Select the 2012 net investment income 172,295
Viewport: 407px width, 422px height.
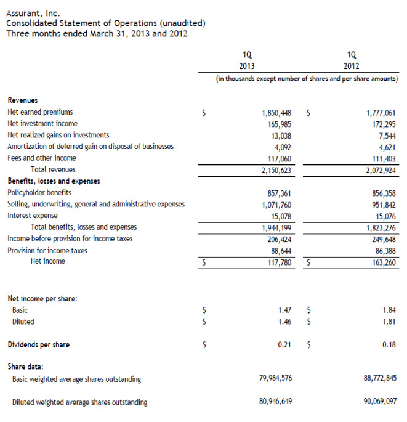[x=381, y=124]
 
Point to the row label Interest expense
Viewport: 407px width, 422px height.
[x=33, y=216]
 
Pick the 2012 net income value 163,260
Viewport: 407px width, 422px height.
[x=381, y=262]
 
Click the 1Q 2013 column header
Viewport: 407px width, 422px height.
[x=247, y=60]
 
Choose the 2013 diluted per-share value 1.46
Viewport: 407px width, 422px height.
[x=285, y=322]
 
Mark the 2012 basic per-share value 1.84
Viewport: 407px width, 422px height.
[x=389, y=310]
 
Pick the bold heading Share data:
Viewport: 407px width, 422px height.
[x=25, y=367]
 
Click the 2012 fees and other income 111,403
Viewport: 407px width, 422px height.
[x=381, y=158]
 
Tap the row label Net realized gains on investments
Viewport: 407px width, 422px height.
[x=58, y=135]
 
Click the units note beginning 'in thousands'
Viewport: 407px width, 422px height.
[x=307, y=79]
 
